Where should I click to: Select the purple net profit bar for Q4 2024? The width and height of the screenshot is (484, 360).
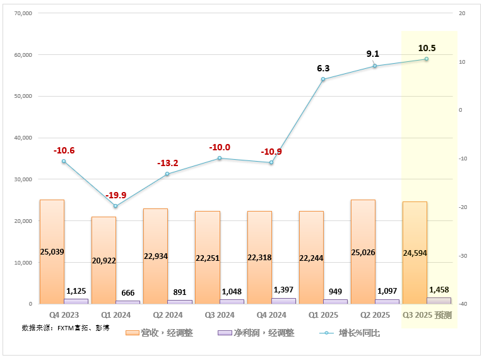click(x=283, y=301)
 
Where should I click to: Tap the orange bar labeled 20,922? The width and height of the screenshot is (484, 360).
click(x=103, y=260)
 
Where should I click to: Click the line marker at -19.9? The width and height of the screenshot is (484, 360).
click(x=115, y=206)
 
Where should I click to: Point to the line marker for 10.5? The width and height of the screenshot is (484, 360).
click(x=426, y=59)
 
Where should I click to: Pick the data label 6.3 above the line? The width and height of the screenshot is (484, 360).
click(x=323, y=68)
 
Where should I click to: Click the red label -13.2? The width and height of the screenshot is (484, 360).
click(x=168, y=163)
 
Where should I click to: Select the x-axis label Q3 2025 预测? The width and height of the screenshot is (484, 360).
click(x=427, y=315)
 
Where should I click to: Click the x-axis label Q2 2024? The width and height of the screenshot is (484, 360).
click(x=167, y=315)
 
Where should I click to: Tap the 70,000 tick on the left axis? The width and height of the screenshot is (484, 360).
click(x=23, y=13)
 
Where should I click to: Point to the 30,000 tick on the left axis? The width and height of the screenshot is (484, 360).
click(x=23, y=179)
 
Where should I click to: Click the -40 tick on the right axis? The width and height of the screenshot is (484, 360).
click(x=463, y=304)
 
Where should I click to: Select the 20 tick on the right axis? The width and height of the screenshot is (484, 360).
click(x=462, y=13)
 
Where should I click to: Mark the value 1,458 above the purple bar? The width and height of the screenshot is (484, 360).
click(x=439, y=289)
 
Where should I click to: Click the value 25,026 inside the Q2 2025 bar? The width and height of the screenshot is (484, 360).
click(x=363, y=253)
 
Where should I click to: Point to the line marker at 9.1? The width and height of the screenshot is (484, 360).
click(x=375, y=66)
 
